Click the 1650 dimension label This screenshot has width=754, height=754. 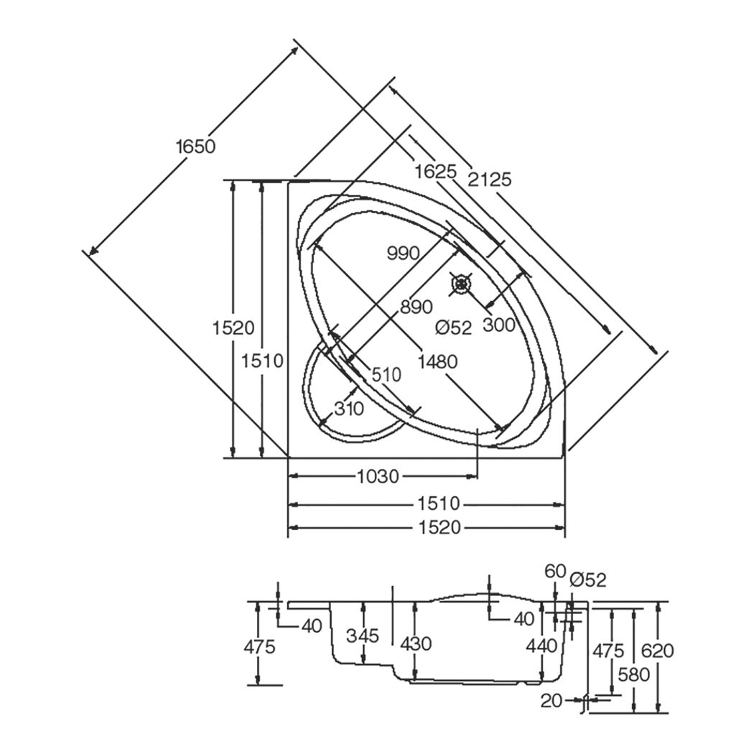[196, 146]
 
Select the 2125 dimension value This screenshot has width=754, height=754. [490, 180]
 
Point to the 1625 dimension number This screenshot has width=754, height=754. [436, 171]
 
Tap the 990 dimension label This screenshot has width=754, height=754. [404, 253]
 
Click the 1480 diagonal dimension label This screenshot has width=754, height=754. [437, 361]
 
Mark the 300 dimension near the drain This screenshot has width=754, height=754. [498, 325]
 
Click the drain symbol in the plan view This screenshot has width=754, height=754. [462, 284]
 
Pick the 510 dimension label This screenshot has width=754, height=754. [386, 374]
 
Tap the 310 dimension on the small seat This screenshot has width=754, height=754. [349, 409]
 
